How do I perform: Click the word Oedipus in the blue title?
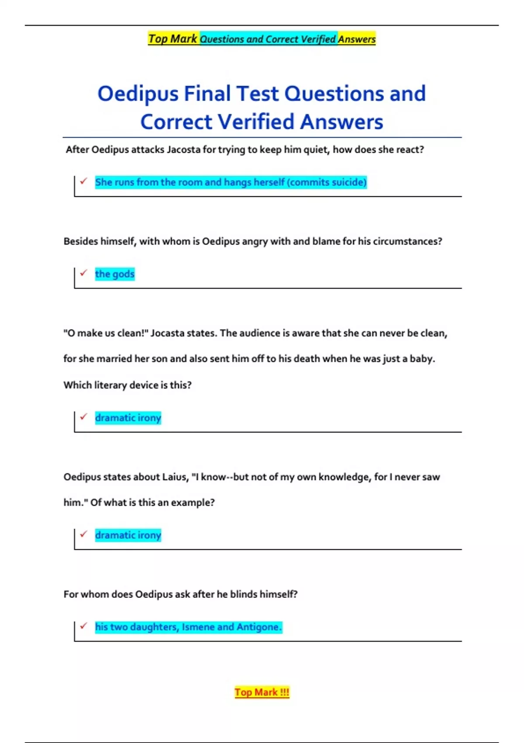point(138,94)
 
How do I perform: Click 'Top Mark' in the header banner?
point(173,39)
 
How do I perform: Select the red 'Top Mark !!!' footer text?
point(262,692)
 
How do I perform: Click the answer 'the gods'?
point(115,274)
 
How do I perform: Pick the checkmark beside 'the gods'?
point(83,273)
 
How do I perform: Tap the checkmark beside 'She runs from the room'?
point(83,181)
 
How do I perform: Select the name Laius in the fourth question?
point(174,477)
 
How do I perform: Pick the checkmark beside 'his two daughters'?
point(83,626)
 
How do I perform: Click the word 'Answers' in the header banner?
point(356,39)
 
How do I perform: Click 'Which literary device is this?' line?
point(128,385)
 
